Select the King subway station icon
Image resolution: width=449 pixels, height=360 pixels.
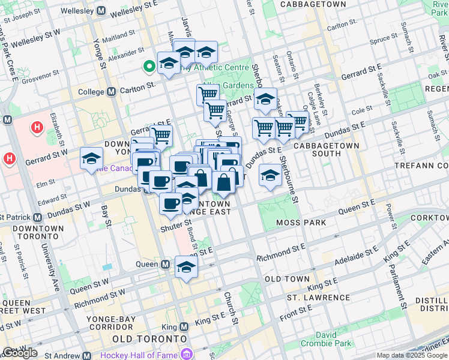tap(184, 327)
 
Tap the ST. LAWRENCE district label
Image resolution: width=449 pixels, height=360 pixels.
tap(318, 298)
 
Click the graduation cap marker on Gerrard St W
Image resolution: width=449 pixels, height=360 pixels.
tap(91, 159)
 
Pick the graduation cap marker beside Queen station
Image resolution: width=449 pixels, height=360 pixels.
tap(186, 268)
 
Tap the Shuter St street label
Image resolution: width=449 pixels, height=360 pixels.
tap(175, 229)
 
